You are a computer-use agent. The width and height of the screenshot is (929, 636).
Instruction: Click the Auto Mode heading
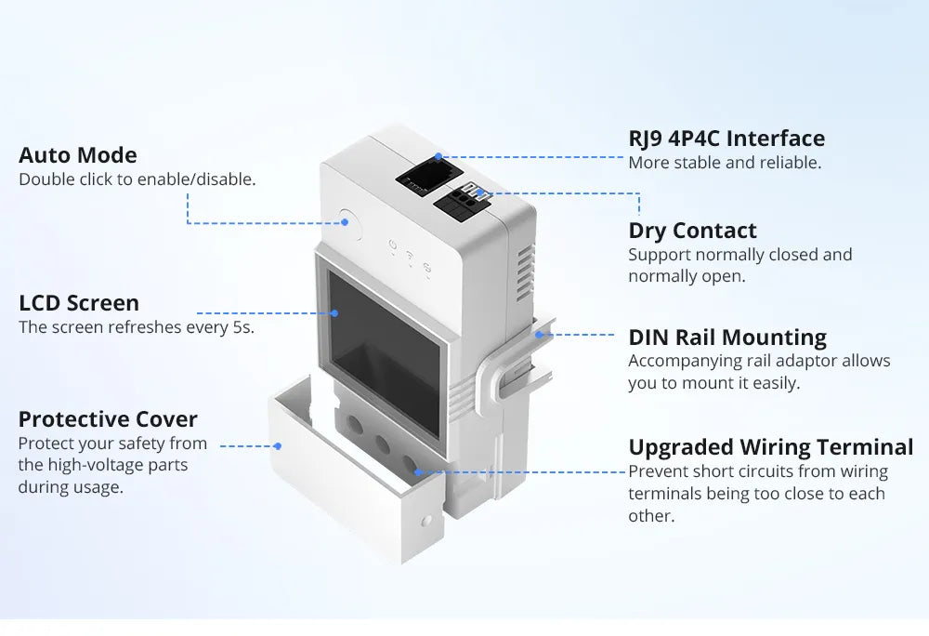tap(78, 155)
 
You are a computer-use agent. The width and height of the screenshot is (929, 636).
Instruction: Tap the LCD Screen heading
tap(79, 303)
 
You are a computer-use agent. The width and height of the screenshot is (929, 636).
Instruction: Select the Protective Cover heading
tap(108, 419)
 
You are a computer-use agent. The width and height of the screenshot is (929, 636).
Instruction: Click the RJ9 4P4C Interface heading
tap(726, 139)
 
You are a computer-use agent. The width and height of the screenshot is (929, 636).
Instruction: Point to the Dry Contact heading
tap(692, 231)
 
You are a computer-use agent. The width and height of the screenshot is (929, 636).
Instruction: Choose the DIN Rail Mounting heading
tap(727, 337)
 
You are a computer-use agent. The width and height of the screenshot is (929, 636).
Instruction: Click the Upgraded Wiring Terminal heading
tap(771, 447)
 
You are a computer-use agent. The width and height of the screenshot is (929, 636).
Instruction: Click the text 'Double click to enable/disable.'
tap(137, 179)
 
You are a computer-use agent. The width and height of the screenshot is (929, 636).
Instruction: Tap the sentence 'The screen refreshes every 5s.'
tap(137, 327)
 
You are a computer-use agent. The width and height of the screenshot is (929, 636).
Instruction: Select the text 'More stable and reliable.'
tap(725, 163)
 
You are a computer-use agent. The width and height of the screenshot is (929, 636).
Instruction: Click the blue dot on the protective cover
tap(277, 446)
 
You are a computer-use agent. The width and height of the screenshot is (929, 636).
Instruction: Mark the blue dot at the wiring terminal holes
tap(418, 471)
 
